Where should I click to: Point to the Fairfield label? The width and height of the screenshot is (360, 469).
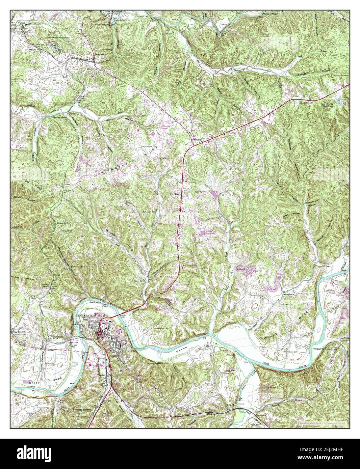point(197,139)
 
